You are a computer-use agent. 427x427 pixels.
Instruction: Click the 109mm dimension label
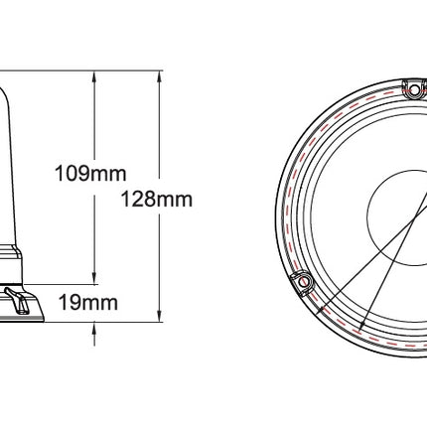pos(90,174)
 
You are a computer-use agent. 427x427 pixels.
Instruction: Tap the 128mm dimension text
pos(156,200)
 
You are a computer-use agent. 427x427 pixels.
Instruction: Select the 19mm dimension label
pos(88,303)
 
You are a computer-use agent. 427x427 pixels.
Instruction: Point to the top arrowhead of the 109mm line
pos(94,76)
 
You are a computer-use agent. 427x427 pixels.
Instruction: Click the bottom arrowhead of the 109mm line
pos(94,278)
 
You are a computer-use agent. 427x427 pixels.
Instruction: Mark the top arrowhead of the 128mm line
pos(159,76)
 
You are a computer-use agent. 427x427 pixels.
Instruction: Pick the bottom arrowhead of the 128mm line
pos(159,316)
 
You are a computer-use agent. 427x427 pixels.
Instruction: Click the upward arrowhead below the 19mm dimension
pos(94,328)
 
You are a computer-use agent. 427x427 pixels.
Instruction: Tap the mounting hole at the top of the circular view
pos(414,89)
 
